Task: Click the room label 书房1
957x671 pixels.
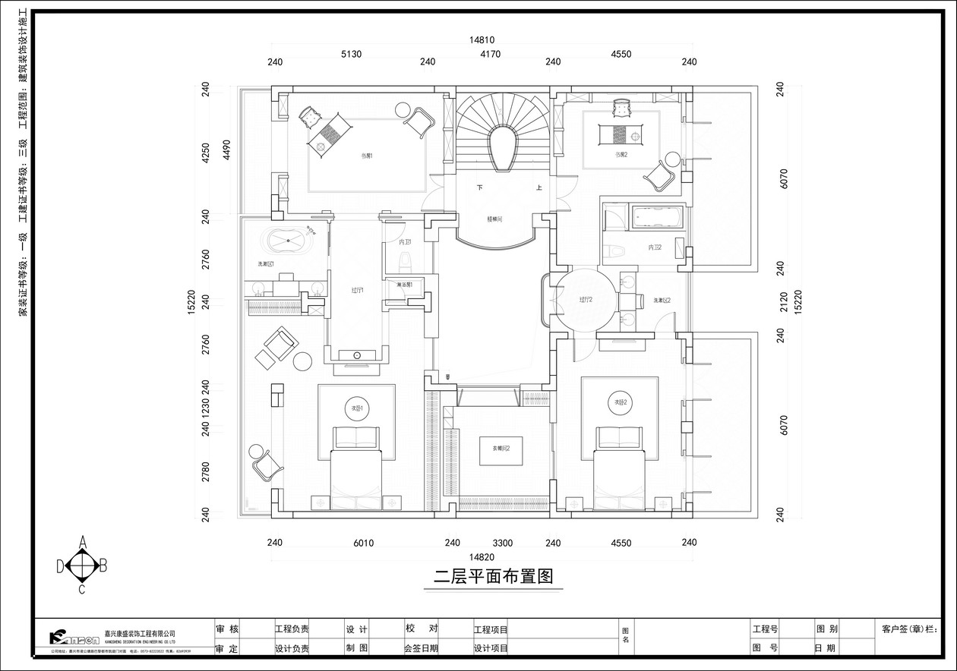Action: pyautogui.click(x=367, y=156)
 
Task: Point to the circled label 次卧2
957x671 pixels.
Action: pyautogui.click(x=619, y=402)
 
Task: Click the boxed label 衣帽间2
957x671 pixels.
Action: pyautogui.click(x=501, y=449)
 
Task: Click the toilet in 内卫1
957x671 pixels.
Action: pyautogui.click(x=406, y=261)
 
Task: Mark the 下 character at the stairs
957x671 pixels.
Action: pyautogui.click(x=479, y=187)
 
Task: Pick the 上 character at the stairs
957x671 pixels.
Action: pyautogui.click(x=539, y=188)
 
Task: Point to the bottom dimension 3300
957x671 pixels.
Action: pyautogui.click(x=502, y=543)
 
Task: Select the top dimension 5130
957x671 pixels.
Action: pyautogui.click(x=351, y=54)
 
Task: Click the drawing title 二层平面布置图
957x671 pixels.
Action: pyautogui.click(x=493, y=576)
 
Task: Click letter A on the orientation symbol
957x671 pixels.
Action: pyautogui.click(x=83, y=542)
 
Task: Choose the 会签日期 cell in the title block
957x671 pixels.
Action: pyautogui.click(x=422, y=648)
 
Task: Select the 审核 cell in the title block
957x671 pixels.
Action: pyautogui.click(x=227, y=629)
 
